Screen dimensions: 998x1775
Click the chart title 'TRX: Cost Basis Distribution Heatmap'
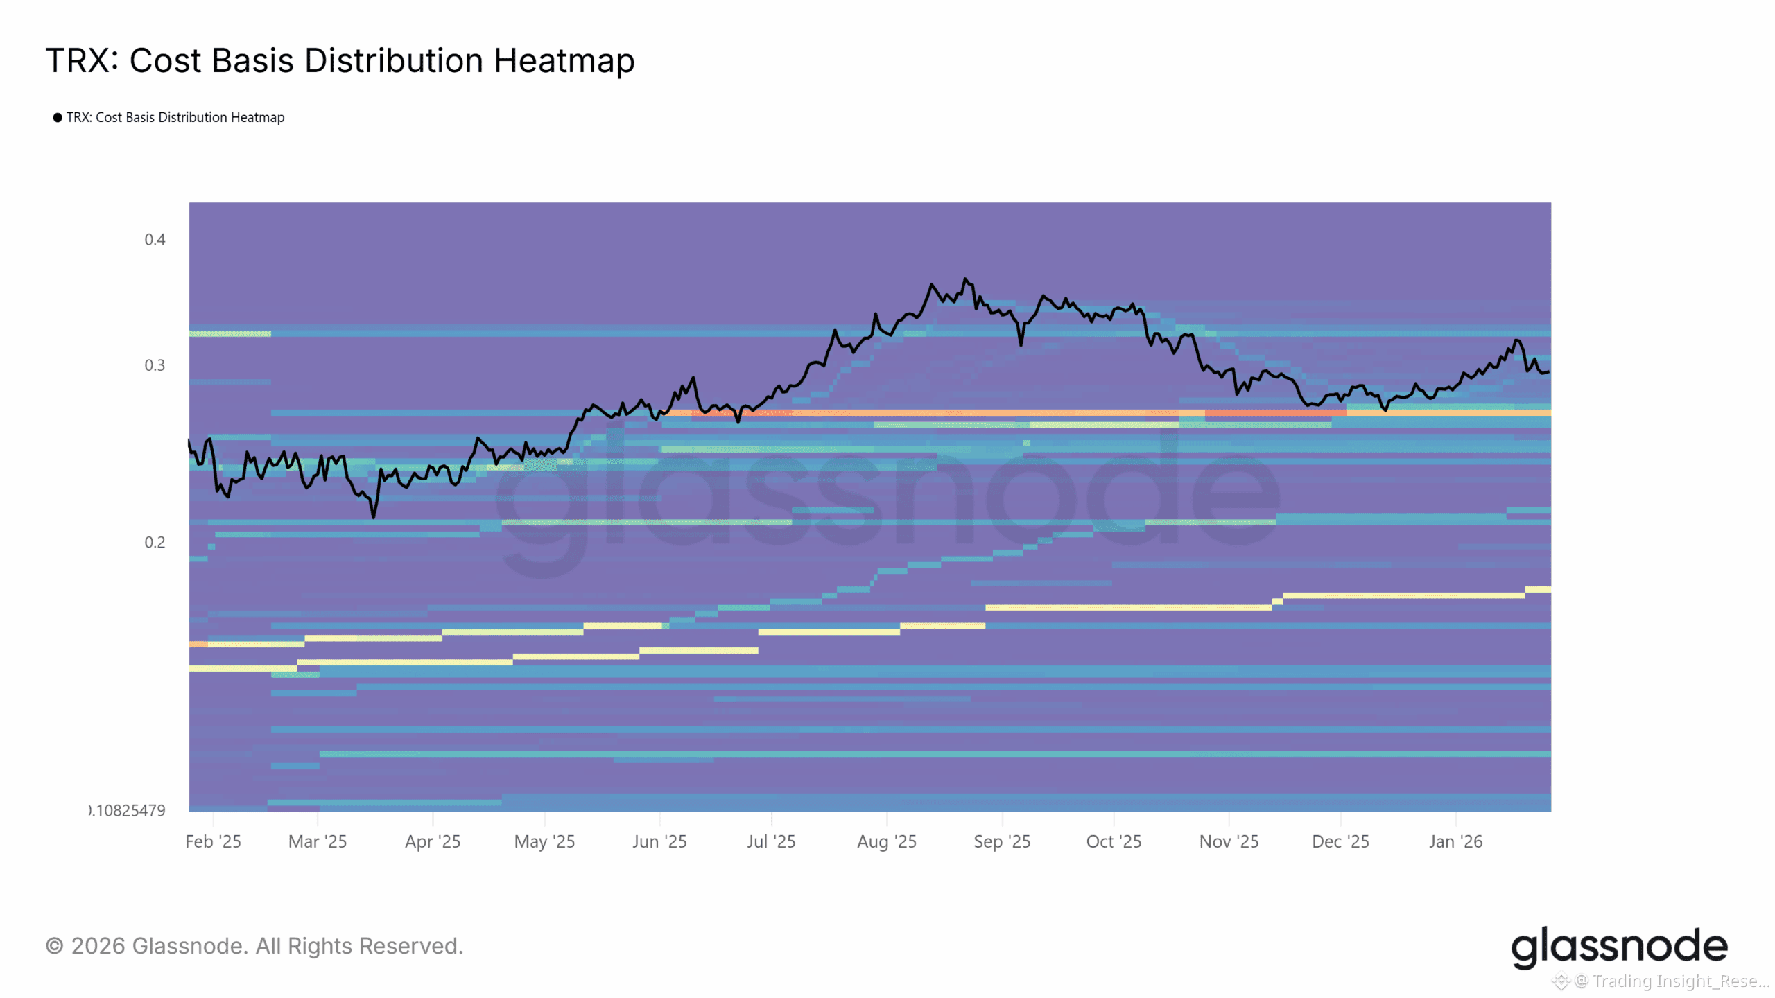tap(340, 60)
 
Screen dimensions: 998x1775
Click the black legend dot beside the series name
tap(58, 118)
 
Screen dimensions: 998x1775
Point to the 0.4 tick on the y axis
tap(155, 240)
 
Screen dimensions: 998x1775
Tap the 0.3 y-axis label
tap(155, 365)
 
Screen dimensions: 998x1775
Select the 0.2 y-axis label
tap(155, 542)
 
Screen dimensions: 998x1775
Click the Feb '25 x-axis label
tap(213, 841)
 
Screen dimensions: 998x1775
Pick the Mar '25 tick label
tap(318, 841)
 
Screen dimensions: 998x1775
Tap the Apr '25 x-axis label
tap(433, 841)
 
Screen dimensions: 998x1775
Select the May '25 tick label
tap(544, 841)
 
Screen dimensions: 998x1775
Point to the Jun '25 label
tap(659, 841)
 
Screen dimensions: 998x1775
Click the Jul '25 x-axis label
tap(771, 841)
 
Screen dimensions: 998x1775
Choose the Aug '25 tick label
tap(887, 841)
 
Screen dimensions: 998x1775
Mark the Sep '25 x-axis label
tap(1002, 841)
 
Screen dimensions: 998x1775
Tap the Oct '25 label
tap(1114, 841)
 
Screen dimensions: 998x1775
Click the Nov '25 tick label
tap(1229, 841)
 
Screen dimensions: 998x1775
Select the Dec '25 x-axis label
tap(1340, 841)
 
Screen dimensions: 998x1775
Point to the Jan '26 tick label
tap(1455, 841)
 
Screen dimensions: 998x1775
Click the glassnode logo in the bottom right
tap(1619, 947)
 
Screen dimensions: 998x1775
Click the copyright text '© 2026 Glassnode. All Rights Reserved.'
tap(254, 946)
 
